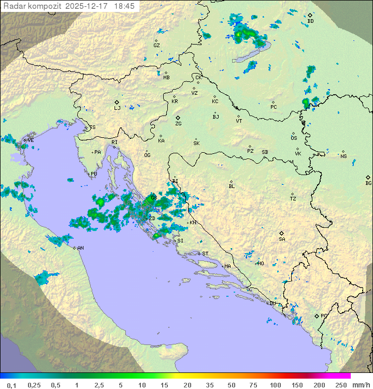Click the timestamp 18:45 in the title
[x=124, y=6]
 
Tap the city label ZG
[x=178, y=124]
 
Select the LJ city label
[x=117, y=108]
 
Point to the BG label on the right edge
[x=368, y=183]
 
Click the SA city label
[x=282, y=239]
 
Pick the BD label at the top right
[x=310, y=21]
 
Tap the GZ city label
[x=156, y=45]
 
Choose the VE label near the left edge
[x=31, y=140]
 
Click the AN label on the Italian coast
[x=80, y=248]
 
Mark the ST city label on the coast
[x=205, y=254]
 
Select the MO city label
[x=261, y=263]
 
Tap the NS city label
[x=343, y=156]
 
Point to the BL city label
[x=232, y=186]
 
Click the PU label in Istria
[x=94, y=174]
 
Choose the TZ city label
[x=293, y=198]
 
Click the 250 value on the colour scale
[x=340, y=385]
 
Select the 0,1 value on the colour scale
[x=11, y=385]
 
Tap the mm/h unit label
[x=360, y=385]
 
